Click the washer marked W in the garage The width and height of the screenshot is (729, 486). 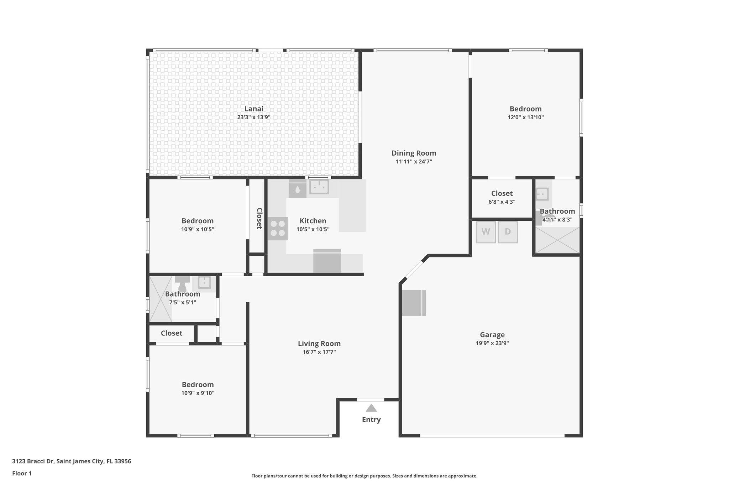tap(486, 232)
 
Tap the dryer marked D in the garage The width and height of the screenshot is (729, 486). tap(508, 232)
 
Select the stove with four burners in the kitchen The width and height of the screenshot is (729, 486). tap(278, 228)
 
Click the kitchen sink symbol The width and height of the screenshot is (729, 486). tap(319, 187)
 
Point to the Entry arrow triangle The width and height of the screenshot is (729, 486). tap(371, 408)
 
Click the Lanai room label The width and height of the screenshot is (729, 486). tap(254, 109)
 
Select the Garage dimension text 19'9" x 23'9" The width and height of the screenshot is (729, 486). tap(492, 343)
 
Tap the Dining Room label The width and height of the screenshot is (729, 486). tap(414, 153)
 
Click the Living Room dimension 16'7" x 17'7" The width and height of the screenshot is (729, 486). tap(319, 352)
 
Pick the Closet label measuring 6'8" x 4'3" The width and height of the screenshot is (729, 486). tap(502, 193)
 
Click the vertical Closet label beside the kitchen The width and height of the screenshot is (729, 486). tap(259, 218)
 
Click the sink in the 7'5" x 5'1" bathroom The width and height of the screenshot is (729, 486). tap(204, 282)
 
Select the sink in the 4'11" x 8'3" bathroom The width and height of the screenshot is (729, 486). tap(542, 194)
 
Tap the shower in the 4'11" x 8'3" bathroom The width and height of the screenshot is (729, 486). tap(557, 240)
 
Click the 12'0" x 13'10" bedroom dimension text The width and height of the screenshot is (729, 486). tap(525, 117)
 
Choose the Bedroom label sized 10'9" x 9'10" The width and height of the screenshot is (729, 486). tap(198, 385)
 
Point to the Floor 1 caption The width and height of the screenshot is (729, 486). tap(22, 473)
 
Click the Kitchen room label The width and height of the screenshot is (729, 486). tap(313, 221)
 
